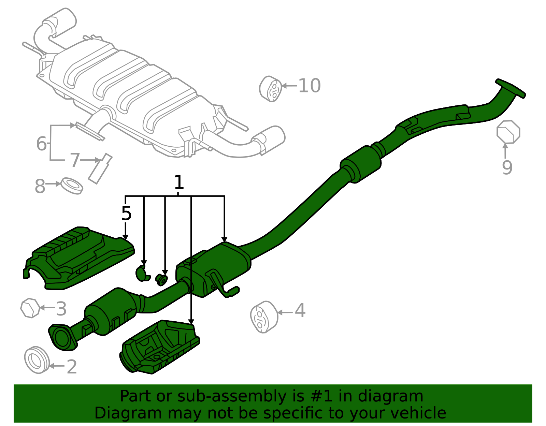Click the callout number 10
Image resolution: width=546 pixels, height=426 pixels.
click(x=309, y=86)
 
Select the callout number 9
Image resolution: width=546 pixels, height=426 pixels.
click(x=507, y=167)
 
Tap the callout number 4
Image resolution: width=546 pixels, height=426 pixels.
click(x=300, y=310)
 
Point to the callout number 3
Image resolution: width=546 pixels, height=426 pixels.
click(x=61, y=309)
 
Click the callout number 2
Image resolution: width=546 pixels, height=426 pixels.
click(x=72, y=367)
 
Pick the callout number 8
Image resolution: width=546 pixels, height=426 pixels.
click(x=40, y=186)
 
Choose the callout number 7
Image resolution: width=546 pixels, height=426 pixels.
click(x=75, y=160)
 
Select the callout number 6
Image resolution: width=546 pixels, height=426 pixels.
click(x=41, y=144)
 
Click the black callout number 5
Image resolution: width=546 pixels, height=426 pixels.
click(x=126, y=214)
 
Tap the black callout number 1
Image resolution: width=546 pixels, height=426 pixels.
click(x=179, y=182)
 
